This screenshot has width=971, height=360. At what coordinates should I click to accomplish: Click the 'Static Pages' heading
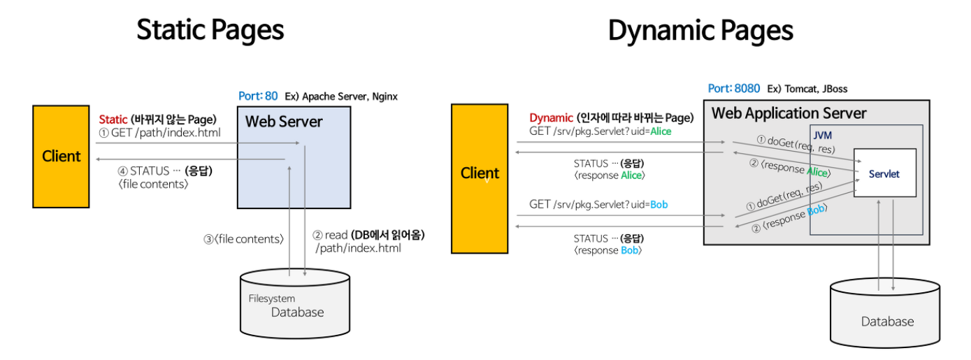210,31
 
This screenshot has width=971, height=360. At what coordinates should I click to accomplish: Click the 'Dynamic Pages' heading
700,31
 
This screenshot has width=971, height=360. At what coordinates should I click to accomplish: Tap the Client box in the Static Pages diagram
61,156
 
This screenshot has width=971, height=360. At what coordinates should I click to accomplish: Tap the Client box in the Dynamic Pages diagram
480,178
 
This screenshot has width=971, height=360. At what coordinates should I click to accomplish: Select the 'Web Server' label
284,122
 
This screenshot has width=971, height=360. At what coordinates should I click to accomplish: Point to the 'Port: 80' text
258,96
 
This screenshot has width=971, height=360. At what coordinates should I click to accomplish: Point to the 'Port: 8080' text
734,89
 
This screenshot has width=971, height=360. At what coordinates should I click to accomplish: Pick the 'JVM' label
823,134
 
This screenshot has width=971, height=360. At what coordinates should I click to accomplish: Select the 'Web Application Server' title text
789,113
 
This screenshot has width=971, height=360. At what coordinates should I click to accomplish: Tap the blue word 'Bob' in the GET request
659,204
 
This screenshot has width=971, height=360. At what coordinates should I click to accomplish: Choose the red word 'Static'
113,120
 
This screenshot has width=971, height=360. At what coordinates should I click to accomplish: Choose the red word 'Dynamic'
551,117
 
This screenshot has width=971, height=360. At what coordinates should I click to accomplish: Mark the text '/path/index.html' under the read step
358,248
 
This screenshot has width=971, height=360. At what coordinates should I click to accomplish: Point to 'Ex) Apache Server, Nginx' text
341,96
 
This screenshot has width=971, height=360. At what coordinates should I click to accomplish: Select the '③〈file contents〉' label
243,238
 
